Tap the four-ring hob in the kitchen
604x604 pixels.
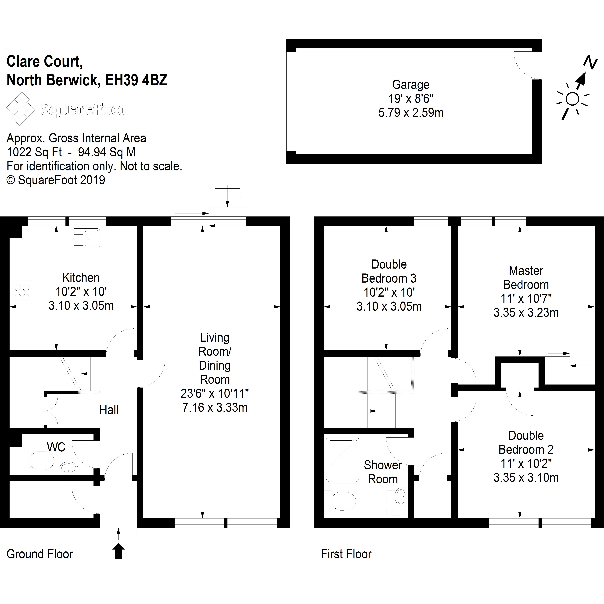pyautogui.click(x=22, y=292)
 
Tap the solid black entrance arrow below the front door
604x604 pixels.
pyautogui.click(x=119, y=551)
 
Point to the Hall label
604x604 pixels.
pyautogui.click(x=109, y=410)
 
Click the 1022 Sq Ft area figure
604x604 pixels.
pyautogui.click(x=34, y=152)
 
